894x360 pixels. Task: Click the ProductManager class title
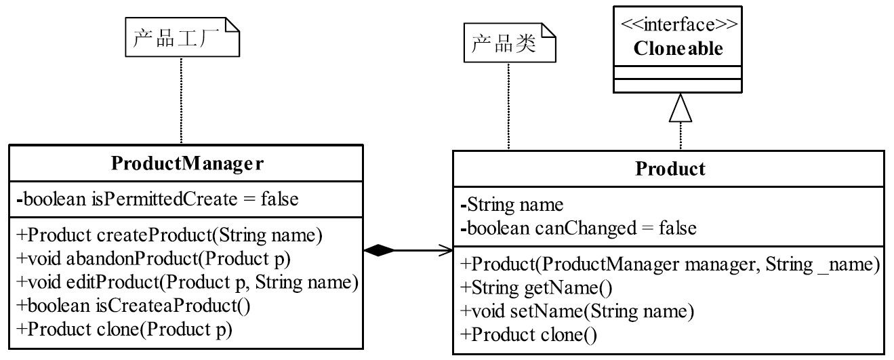click(187, 163)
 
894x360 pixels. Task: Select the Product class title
click(670, 169)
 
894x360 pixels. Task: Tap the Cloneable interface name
click(678, 48)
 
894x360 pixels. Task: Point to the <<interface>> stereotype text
click(679, 24)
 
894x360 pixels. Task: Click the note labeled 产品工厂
click(182, 37)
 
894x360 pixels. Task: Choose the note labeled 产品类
click(510, 43)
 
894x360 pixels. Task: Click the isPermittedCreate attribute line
click(158, 199)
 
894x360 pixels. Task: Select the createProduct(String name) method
click(169, 235)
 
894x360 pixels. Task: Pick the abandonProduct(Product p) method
click(153, 258)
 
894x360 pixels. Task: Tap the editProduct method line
click(188, 282)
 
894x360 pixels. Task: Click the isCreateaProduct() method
click(134, 306)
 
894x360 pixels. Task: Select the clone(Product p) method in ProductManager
click(124, 329)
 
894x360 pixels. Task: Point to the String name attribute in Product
click(512, 205)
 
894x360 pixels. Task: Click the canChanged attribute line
click(578, 228)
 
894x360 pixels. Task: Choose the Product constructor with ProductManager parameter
click(670, 264)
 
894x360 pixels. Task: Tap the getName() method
click(536, 287)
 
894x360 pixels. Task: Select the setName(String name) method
click(577, 311)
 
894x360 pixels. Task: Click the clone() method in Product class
click(529, 335)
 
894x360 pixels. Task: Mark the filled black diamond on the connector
click(379, 250)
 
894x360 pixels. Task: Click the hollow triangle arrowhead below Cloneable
click(680, 108)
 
